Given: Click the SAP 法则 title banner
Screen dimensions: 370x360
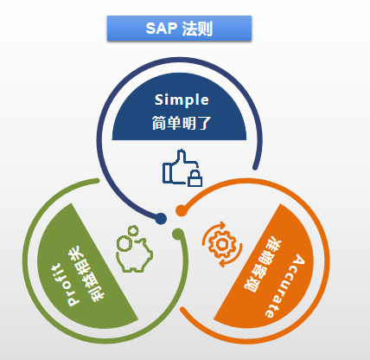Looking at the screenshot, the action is click(179, 29).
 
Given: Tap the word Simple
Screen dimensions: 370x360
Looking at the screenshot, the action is click(182, 100).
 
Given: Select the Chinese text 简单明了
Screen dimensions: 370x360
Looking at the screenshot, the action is click(182, 123).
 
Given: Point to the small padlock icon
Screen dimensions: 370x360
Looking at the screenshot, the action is click(195, 178).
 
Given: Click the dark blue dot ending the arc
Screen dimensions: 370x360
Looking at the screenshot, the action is click(161, 218).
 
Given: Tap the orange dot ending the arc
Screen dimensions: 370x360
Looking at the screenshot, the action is click(182, 210).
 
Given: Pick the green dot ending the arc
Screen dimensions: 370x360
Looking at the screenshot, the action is click(178, 234).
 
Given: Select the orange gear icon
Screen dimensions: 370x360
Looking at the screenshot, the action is click(222, 245).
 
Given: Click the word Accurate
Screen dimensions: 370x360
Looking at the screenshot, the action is click(284, 286).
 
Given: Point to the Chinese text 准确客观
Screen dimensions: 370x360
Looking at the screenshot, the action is click(263, 266).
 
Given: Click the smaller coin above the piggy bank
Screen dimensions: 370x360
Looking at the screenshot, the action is click(133, 230).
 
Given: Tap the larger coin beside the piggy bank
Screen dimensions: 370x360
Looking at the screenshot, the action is click(124, 243).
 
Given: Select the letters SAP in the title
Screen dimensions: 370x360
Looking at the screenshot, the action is click(162, 29).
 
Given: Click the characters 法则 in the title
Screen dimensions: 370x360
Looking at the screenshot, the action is click(197, 29).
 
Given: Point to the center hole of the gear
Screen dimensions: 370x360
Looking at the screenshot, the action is click(222, 245).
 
